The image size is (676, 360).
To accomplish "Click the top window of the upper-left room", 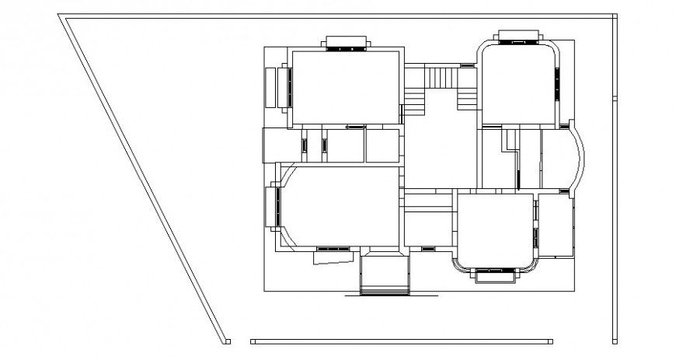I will pos(346,46).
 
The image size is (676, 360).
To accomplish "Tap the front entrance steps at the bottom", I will pos(385,276).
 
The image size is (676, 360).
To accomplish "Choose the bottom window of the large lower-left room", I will pos(333,250).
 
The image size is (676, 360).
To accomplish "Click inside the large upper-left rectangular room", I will pos(346,87).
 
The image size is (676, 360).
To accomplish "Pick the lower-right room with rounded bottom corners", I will pos(495,229).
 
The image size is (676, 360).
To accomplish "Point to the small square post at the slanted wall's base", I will pos(228,341).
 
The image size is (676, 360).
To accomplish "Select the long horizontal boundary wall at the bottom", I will pos(402,341).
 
